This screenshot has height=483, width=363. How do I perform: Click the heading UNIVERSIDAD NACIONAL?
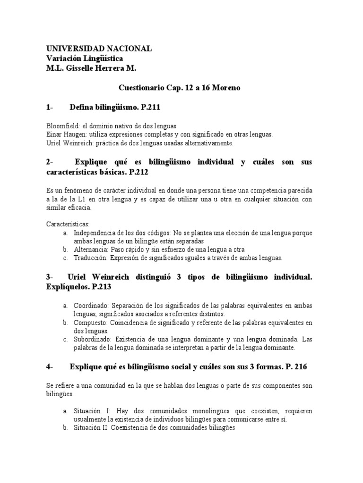[x=99, y=49]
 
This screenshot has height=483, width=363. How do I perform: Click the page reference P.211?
[x=150, y=108]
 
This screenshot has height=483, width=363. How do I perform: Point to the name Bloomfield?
[x=63, y=126]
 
